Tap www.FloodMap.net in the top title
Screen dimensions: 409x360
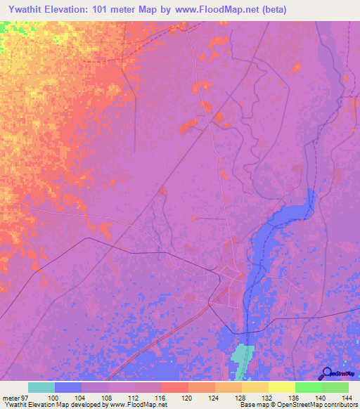click(x=219, y=9)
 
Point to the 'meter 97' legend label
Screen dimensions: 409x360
click(x=13, y=397)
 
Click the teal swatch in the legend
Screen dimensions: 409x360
click(x=41, y=387)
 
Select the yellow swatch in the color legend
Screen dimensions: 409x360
click(x=282, y=387)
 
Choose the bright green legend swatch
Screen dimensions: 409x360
click(x=309, y=387)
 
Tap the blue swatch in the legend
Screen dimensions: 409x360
click(x=68, y=387)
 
